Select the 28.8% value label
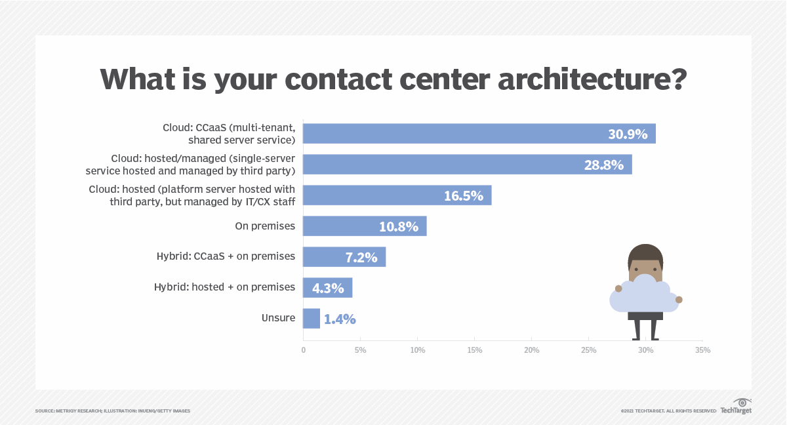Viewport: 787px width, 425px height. [x=603, y=165]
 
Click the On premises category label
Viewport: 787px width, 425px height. [x=265, y=226]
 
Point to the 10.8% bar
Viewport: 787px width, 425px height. [x=364, y=226]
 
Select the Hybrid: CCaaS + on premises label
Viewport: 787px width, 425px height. [x=224, y=256]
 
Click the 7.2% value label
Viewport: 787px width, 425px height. [x=361, y=257]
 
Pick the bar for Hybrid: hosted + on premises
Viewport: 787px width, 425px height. [x=327, y=287]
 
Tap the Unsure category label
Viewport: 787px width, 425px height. [x=278, y=318]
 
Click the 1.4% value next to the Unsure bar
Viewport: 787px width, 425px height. [x=340, y=319]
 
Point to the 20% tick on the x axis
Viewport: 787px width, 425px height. [x=531, y=350]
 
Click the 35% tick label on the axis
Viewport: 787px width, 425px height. [x=702, y=350]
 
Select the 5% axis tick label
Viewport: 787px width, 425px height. [x=360, y=350]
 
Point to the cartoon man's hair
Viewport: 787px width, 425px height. [x=645, y=253]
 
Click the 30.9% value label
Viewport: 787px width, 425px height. [x=627, y=134]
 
